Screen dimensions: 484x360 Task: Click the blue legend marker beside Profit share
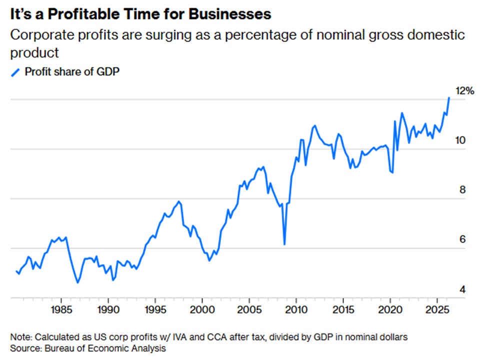[15, 72]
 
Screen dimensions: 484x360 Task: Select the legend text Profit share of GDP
[72, 71]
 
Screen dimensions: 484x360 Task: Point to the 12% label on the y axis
[464, 91]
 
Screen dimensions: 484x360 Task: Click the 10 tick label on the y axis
[460, 140]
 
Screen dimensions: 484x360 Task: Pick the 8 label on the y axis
[462, 190]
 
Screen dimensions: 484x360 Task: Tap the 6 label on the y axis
[462, 239]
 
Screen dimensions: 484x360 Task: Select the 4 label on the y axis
[462, 289]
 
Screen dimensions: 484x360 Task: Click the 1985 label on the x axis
[61, 309]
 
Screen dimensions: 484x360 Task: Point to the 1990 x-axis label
[108, 309]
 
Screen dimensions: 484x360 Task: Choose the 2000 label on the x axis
[202, 309]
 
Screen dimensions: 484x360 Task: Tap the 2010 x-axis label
[296, 309]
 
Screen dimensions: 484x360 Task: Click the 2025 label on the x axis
[437, 309]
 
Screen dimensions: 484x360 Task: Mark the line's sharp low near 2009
[284, 244]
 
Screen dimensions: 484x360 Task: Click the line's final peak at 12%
[449, 98]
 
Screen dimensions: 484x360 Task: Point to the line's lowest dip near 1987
[77, 282]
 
